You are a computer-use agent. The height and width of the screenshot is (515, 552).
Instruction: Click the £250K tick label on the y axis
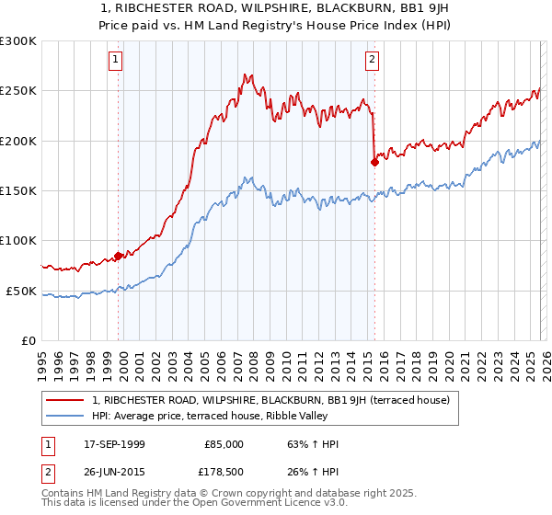click(x=18, y=91)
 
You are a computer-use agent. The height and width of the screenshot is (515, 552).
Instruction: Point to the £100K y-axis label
click(x=18, y=241)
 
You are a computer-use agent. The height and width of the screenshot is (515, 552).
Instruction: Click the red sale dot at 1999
click(x=119, y=256)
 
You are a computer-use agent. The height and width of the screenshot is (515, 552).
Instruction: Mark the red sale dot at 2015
click(x=374, y=163)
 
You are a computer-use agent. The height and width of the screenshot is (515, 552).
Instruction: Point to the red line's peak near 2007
click(x=246, y=74)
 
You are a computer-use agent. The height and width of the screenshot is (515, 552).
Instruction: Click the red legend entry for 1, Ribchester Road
click(x=270, y=400)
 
